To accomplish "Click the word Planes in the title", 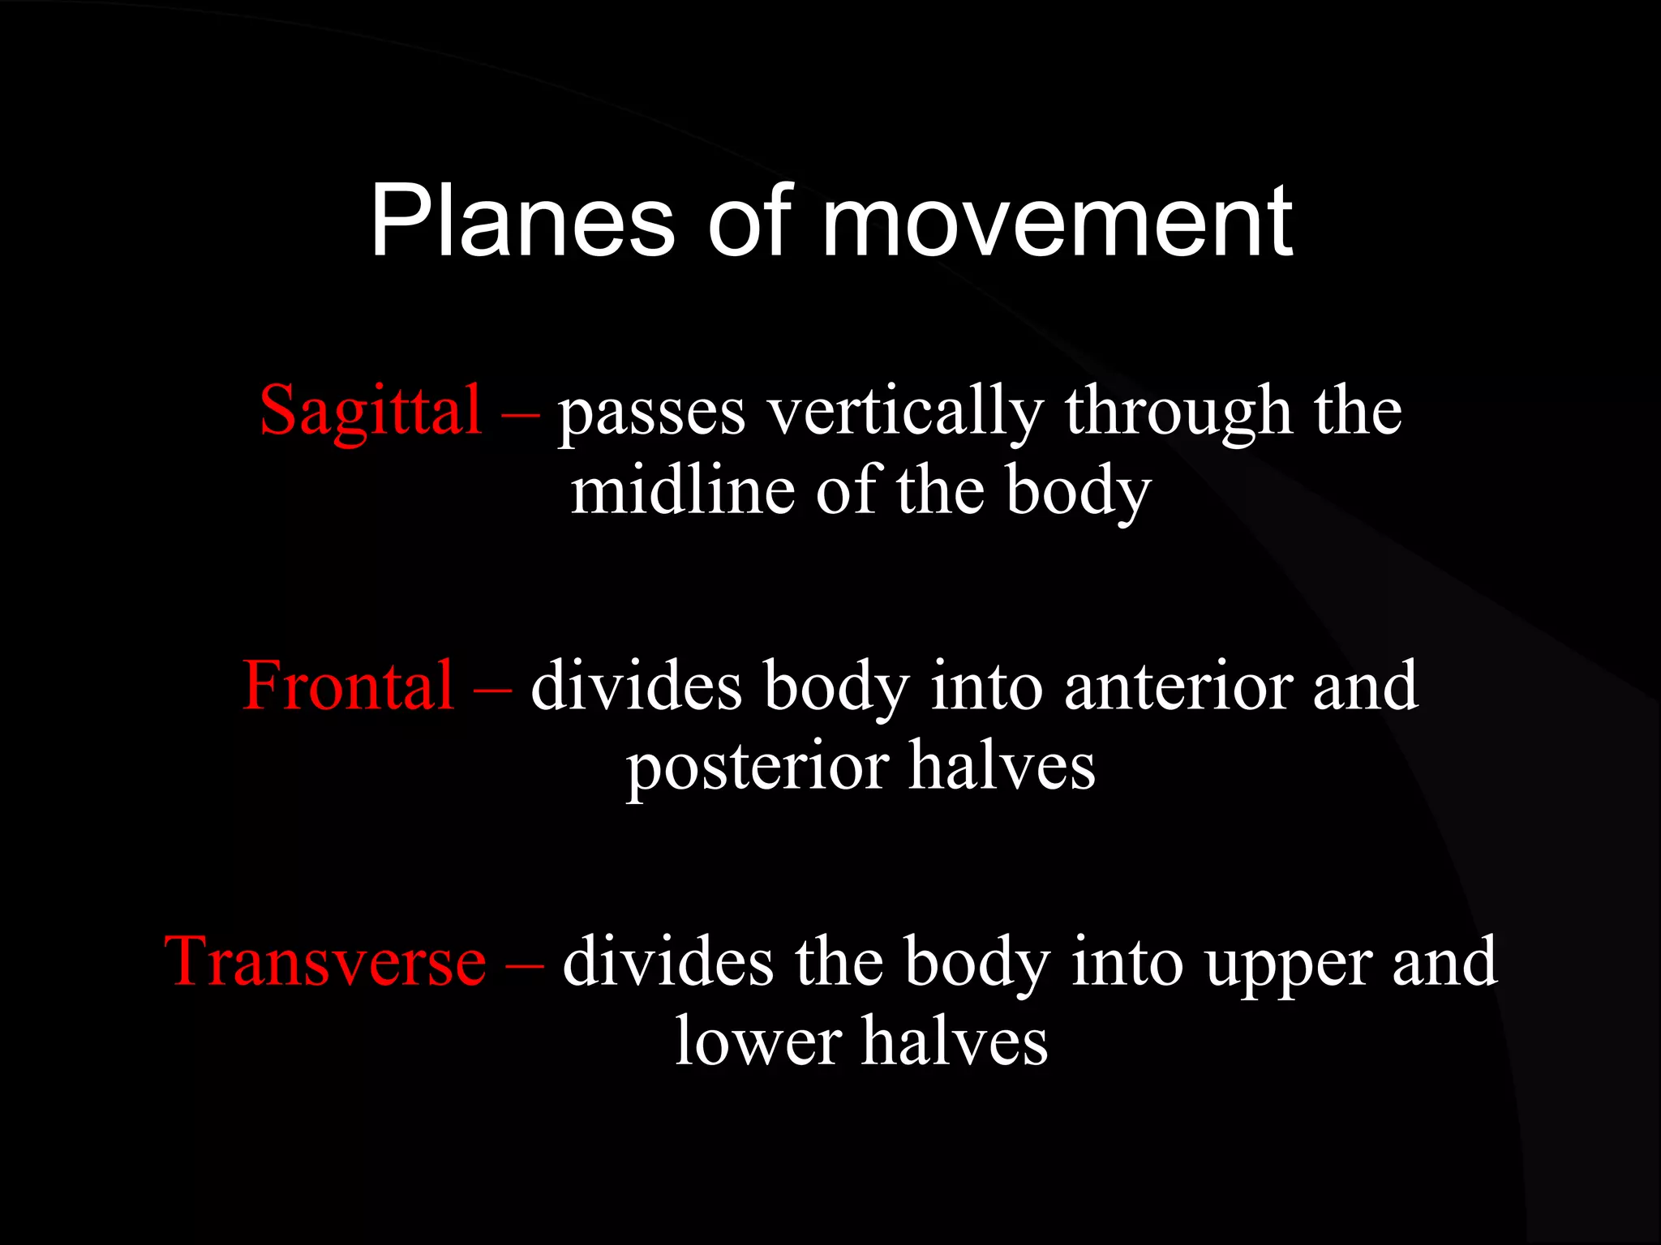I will pyautogui.click(x=521, y=221).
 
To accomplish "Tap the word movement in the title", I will pyautogui.click(x=1057, y=221).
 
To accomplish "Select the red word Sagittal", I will pyautogui.click(x=371, y=412).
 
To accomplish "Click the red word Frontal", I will pyautogui.click(x=348, y=687).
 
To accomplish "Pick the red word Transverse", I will pyautogui.click(x=325, y=962).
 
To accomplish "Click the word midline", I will pyautogui.click(x=682, y=491).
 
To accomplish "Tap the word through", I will pyautogui.click(x=1178, y=412).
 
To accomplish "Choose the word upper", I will pyautogui.click(x=1286, y=962).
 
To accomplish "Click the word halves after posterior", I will pyautogui.click(x=1002, y=766).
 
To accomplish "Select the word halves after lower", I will pyautogui.click(x=955, y=1042).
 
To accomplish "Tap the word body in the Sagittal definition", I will pyautogui.click(x=1078, y=493).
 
